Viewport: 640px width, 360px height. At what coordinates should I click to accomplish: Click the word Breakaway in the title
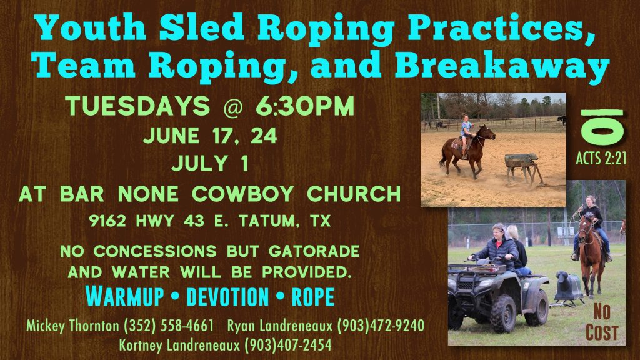502,67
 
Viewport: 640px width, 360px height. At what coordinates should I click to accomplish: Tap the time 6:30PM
305,106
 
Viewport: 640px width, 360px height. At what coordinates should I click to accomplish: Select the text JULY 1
210,163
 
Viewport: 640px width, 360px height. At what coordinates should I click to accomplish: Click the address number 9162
107,221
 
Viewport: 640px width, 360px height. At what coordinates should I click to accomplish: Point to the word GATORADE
314,251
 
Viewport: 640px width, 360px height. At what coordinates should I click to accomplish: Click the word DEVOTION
227,297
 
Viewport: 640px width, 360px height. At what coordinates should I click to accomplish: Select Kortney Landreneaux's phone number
288,345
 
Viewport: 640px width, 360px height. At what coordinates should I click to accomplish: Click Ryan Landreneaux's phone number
381,326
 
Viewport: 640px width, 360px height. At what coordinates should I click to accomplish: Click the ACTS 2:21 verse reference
601,158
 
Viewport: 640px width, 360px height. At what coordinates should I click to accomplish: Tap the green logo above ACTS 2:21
602,127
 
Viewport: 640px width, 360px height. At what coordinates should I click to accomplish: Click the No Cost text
602,322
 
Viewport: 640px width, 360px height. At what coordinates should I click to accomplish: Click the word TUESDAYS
137,106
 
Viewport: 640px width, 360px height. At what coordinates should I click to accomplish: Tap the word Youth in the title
91,27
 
